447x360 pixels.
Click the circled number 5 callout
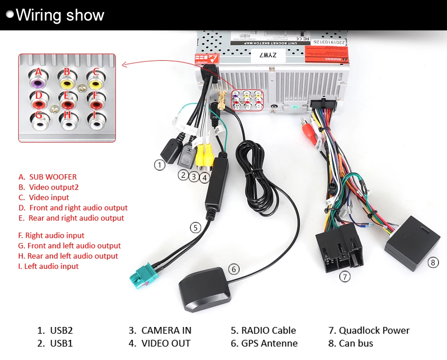[x=195, y=227]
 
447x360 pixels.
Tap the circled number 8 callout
[x=433, y=262]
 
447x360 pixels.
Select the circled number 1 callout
[x=160, y=165]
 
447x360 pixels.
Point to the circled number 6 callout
[x=234, y=269]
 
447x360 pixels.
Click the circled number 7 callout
[x=344, y=276]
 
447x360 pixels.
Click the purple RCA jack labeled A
[x=38, y=83]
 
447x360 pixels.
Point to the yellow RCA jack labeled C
[x=95, y=83]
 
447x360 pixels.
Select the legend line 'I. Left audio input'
[x=48, y=266]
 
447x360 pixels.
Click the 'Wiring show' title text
[x=60, y=15]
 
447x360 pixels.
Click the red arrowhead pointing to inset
[x=125, y=66]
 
